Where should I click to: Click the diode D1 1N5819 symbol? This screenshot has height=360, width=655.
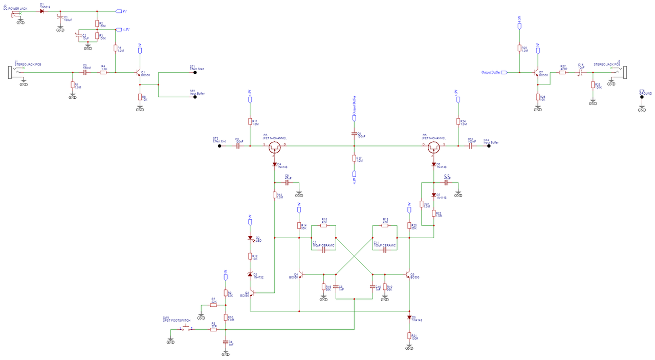pos(42,11)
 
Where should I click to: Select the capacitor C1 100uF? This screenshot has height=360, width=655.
pos(60,18)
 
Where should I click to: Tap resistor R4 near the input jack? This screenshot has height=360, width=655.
pos(103,73)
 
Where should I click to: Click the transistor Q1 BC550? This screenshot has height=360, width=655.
pos(138,73)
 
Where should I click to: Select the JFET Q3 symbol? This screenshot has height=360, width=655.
pos(275,147)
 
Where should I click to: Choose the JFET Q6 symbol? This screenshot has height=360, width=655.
pos(434,147)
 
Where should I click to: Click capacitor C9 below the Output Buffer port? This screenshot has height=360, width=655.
pos(354,134)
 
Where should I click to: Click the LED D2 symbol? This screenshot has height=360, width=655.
pos(250,238)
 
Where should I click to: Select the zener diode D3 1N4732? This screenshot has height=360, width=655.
pos(250,275)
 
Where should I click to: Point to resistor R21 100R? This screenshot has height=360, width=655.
pos(409,336)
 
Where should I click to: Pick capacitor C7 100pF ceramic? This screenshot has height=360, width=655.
pos(323,249)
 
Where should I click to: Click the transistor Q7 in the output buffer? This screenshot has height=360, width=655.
pos(536,73)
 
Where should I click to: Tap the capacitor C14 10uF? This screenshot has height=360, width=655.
pos(580,73)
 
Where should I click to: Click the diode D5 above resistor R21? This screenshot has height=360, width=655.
pos(409,317)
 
